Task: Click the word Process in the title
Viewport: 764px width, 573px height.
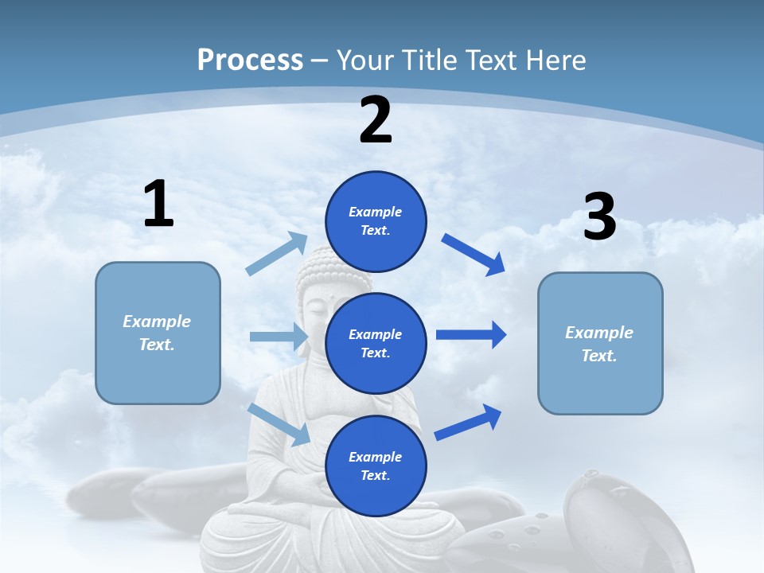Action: [x=250, y=60]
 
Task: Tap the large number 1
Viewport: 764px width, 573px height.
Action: [x=158, y=204]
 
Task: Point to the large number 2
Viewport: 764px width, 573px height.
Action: [x=376, y=120]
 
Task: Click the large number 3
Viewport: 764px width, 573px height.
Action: [x=599, y=216]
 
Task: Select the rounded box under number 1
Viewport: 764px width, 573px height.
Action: [x=158, y=333]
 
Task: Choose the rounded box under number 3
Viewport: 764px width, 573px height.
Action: [x=600, y=343]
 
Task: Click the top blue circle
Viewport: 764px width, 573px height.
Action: [x=376, y=221]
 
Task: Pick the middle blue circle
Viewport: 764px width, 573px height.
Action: [x=376, y=343]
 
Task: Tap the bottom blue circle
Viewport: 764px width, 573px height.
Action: [x=376, y=466]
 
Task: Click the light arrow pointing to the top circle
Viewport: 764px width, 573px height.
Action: [x=277, y=254]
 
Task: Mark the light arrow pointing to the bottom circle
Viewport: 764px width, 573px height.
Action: [x=279, y=424]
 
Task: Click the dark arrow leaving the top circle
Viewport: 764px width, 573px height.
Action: [x=474, y=255]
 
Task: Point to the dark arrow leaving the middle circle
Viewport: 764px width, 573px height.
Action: [x=470, y=334]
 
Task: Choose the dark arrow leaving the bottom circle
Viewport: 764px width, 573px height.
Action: [x=468, y=422]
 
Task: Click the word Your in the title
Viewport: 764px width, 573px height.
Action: [x=364, y=60]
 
